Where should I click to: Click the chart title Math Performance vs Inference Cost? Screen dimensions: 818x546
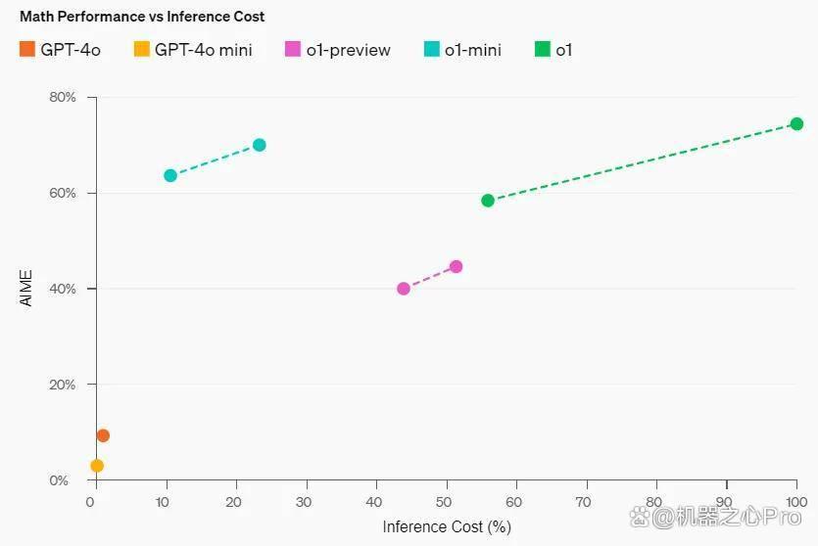point(142,17)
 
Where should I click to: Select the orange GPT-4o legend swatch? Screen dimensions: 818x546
point(27,49)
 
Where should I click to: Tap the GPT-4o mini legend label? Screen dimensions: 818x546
point(204,50)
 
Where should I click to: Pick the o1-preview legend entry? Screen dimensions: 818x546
point(338,50)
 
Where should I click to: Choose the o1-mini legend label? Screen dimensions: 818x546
point(472,50)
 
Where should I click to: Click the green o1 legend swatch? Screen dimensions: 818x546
point(543,49)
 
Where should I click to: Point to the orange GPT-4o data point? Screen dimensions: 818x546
point(103,435)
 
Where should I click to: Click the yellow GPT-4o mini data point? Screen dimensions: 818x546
point(97,465)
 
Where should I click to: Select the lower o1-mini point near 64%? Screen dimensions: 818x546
point(170,175)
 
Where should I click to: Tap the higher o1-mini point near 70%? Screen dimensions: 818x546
point(260,145)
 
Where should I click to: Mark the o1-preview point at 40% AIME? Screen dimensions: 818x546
point(404,289)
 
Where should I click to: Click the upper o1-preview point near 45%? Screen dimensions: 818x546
point(456,267)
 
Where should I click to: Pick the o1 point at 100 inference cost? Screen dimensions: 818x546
point(796,124)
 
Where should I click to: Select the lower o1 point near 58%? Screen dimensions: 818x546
point(488,201)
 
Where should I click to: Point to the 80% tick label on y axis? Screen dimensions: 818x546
point(63,97)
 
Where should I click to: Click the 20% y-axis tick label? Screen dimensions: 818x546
point(63,385)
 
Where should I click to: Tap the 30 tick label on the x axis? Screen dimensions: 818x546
point(304,502)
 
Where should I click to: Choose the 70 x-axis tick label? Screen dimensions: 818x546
point(583,502)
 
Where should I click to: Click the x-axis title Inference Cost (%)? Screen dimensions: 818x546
point(447,526)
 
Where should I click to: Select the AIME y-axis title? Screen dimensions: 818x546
point(26,288)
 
